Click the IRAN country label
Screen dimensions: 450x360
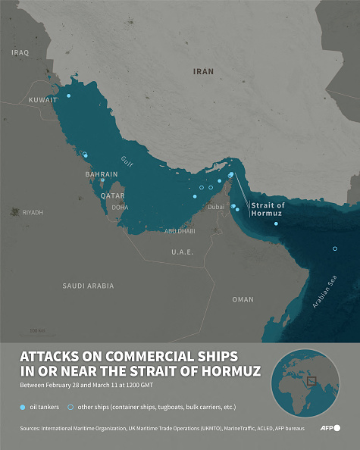(x=203, y=71)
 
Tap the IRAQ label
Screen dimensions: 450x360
(x=20, y=53)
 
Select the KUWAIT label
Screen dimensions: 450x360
(x=42, y=100)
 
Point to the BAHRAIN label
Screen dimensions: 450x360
(x=102, y=174)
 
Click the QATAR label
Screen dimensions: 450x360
(x=112, y=195)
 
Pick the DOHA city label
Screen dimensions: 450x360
(x=120, y=207)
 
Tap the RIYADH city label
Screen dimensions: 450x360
(x=33, y=213)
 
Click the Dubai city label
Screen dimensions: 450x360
(x=216, y=207)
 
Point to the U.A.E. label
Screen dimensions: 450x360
(x=182, y=252)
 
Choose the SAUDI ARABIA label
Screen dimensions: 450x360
(x=88, y=286)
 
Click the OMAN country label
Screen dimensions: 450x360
(x=243, y=299)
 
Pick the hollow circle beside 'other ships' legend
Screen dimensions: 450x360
(x=70, y=408)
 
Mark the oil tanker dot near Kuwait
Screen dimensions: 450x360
(x=68, y=96)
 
